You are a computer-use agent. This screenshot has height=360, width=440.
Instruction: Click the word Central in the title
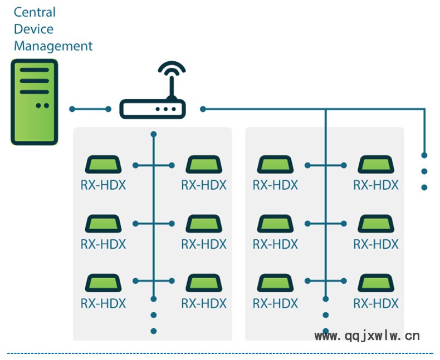click(35, 12)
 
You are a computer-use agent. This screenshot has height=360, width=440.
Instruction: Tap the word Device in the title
click(33, 29)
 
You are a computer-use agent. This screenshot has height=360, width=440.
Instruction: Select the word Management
click(53, 46)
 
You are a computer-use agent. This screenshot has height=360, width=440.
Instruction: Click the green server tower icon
click(34, 102)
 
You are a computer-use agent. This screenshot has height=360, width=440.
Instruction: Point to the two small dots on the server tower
click(42, 105)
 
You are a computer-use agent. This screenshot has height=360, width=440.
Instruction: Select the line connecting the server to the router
click(90, 109)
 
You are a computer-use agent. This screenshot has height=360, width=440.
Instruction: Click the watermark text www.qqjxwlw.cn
click(367, 336)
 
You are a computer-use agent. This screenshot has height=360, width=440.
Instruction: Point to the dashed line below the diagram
click(220, 353)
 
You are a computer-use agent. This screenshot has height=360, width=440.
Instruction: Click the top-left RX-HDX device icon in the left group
click(103, 165)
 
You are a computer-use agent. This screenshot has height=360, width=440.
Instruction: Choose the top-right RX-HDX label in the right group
click(376, 185)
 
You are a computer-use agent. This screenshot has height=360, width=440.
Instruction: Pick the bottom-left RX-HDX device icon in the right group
click(275, 283)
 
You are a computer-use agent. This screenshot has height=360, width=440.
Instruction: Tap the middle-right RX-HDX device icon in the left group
click(203, 224)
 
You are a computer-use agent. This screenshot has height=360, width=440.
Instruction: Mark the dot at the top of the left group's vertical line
click(154, 134)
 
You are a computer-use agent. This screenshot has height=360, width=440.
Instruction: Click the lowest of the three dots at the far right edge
click(424, 188)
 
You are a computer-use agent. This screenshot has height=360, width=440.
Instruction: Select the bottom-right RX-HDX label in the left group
click(204, 303)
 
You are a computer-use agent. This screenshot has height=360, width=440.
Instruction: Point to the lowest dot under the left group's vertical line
click(154, 331)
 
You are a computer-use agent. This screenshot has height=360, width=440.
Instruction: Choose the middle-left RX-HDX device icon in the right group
click(275, 224)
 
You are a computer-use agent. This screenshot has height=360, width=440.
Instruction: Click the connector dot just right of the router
click(203, 109)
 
